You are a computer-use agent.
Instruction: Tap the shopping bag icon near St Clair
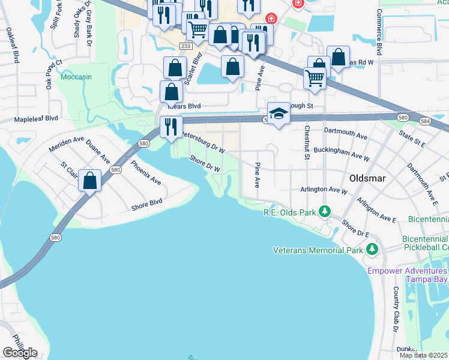pyautogui.click(x=90, y=180)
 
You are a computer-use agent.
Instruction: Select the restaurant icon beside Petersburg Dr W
pyautogui.click(x=171, y=127)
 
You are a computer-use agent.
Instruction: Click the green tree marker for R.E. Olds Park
pyautogui.click(x=325, y=211)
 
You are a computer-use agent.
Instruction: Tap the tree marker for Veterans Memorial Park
pyautogui.click(x=372, y=248)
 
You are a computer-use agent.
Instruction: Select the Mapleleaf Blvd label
pyautogui.click(x=36, y=119)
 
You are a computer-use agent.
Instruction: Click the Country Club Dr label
pyautogui.click(x=396, y=309)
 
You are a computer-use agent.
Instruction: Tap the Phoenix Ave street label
pyautogui.click(x=145, y=172)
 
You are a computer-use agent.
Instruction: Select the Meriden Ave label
pyautogui.click(x=67, y=140)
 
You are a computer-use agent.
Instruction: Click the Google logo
pyautogui.click(x=20, y=353)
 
